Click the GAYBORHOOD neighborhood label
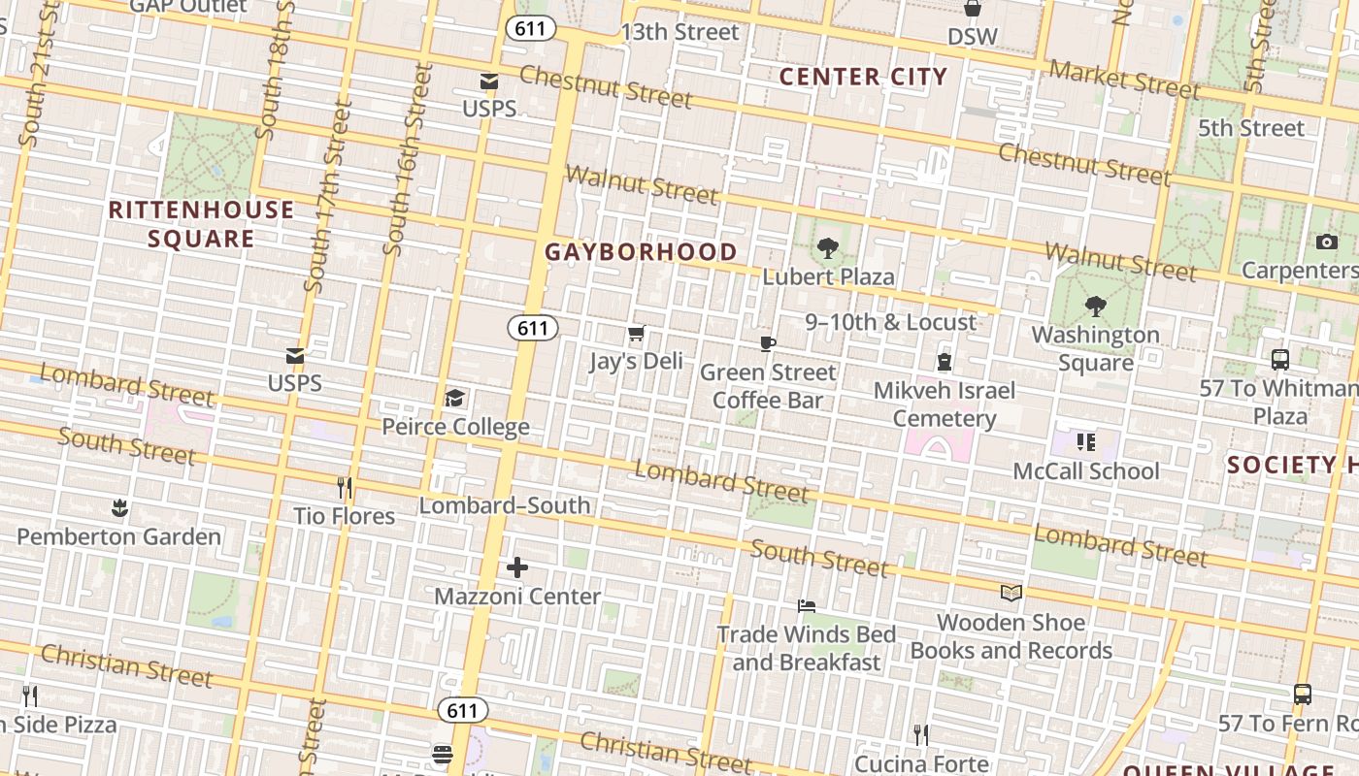(641, 252)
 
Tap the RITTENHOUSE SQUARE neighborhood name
(201, 224)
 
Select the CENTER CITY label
(863, 77)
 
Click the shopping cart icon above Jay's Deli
(636, 335)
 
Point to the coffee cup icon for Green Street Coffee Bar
(768, 344)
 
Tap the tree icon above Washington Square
(1095, 307)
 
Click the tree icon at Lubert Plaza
(827, 248)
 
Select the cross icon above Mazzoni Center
(517, 567)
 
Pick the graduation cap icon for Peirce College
(454, 399)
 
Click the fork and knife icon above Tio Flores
(345, 487)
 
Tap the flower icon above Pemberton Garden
(119, 507)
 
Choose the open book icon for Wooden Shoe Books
(1011, 593)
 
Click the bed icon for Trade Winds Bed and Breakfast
(806, 606)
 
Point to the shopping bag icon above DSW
(972, 9)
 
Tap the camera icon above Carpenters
(1326, 242)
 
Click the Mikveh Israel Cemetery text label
(945, 404)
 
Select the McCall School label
(1086, 471)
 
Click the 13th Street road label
(679, 32)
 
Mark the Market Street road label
(1124, 79)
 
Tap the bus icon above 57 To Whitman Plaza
(1279, 360)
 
